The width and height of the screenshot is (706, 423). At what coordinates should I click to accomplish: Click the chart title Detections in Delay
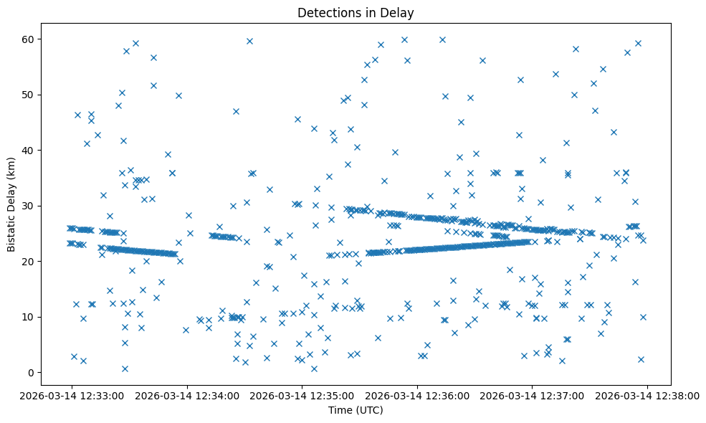[x=356, y=13]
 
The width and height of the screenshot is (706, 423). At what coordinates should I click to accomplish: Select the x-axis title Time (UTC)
[x=356, y=410]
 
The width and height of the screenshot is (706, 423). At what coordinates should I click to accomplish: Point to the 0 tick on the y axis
[x=31, y=373]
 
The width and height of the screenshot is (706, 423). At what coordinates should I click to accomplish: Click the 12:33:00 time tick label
[x=72, y=394]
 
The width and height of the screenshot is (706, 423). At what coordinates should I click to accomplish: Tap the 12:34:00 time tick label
[x=187, y=394]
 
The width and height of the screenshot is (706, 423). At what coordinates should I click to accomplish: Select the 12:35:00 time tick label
[x=302, y=394]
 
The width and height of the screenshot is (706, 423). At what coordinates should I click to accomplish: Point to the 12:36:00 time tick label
[x=417, y=394]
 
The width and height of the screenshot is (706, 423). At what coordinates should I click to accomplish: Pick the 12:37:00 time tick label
[x=532, y=394]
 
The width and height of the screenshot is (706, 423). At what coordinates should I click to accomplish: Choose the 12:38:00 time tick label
[x=647, y=394]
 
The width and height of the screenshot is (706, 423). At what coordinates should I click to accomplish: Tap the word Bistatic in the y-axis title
[x=11, y=229]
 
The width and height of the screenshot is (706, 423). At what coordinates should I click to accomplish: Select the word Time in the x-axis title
[x=340, y=410]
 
